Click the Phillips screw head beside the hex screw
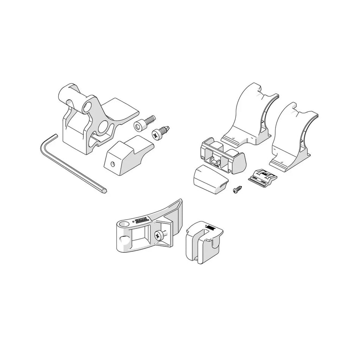[158, 133]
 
